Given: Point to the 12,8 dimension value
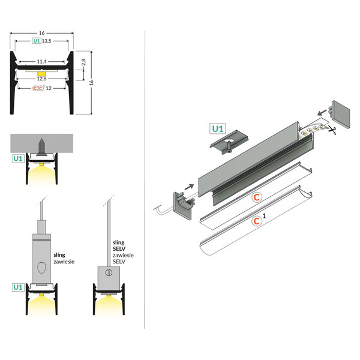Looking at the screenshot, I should click(42, 77).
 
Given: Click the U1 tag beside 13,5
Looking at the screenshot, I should click(36, 41).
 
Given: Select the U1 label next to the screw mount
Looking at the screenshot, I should click(17, 158).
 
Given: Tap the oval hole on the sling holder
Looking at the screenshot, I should click(41, 267).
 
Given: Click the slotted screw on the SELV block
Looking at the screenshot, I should click(109, 273).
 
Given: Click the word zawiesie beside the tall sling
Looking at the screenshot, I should click(62, 262).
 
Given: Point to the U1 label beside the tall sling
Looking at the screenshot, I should click(17, 287).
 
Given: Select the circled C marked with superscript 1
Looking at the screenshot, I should click(257, 221).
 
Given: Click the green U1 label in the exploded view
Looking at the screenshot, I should click(217, 128).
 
